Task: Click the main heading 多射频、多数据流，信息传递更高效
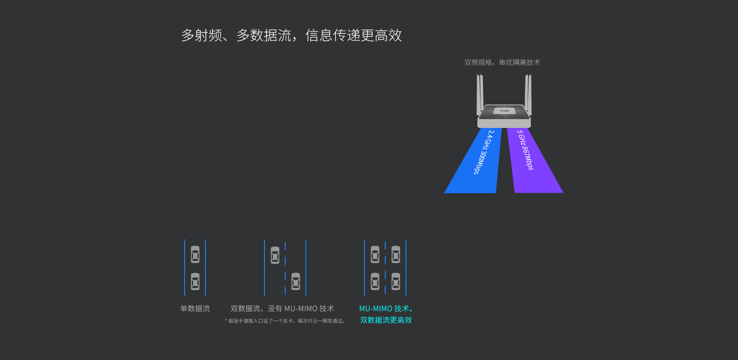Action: (x=291, y=35)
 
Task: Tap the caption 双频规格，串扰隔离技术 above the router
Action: (x=502, y=62)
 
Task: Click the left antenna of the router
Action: (x=480, y=94)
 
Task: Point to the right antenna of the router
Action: (x=528, y=94)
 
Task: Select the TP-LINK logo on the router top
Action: (x=504, y=111)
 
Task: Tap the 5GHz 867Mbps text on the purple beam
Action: (x=525, y=150)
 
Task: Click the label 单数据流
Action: (x=195, y=309)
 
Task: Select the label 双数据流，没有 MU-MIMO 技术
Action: (x=282, y=309)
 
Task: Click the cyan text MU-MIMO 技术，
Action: (x=386, y=309)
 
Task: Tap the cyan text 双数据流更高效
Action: (x=386, y=320)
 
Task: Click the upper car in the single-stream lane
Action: (x=195, y=254)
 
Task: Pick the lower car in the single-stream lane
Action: (x=195, y=282)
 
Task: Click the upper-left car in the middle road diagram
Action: (x=275, y=255)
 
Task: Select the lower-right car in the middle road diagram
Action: (x=296, y=282)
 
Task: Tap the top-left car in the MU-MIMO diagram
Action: (x=375, y=254)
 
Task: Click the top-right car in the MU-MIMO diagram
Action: (x=396, y=254)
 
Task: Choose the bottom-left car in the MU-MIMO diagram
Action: (x=375, y=282)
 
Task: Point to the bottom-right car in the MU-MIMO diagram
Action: (x=396, y=282)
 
